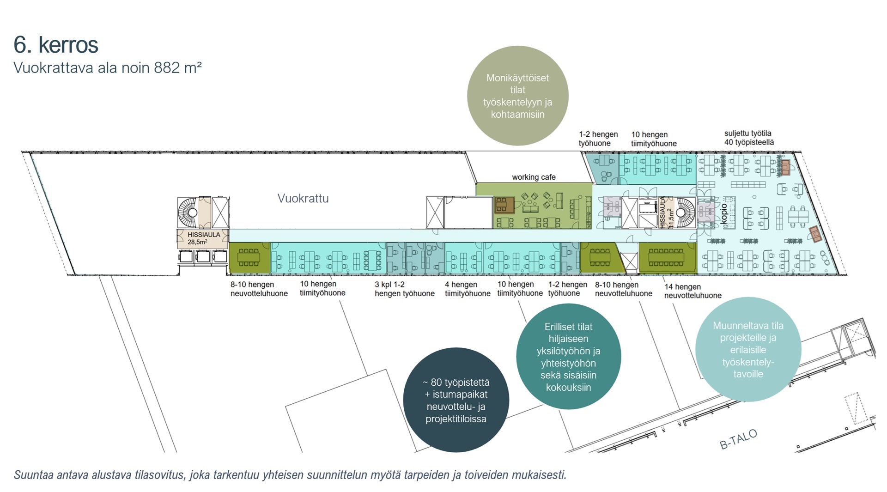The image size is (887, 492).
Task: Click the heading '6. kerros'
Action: click(x=56, y=45)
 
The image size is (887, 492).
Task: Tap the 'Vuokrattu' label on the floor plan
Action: click(x=303, y=199)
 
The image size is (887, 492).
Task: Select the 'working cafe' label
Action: click(x=534, y=177)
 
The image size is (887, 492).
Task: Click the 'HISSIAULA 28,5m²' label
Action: click(x=204, y=238)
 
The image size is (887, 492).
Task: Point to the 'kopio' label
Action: click(x=724, y=214)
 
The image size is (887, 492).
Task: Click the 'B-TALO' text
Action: click(x=739, y=439)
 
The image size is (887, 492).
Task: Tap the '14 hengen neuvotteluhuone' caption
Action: click(x=693, y=291)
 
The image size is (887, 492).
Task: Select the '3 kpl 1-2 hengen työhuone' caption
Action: click(x=405, y=289)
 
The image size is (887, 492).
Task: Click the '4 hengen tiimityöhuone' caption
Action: click(x=468, y=289)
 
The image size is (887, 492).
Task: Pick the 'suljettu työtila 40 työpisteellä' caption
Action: click(x=749, y=138)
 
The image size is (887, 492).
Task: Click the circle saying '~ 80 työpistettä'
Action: click(x=456, y=400)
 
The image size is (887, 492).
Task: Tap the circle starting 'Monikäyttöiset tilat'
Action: click(x=518, y=96)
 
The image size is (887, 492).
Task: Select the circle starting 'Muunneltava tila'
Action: click(x=748, y=349)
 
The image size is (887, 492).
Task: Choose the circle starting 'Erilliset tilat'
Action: click(x=569, y=356)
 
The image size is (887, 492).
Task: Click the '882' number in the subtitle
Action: click(x=167, y=68)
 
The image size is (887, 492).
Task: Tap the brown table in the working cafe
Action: click(x=504, y=205)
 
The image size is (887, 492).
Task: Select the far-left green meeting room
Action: click(x=249, y=258)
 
